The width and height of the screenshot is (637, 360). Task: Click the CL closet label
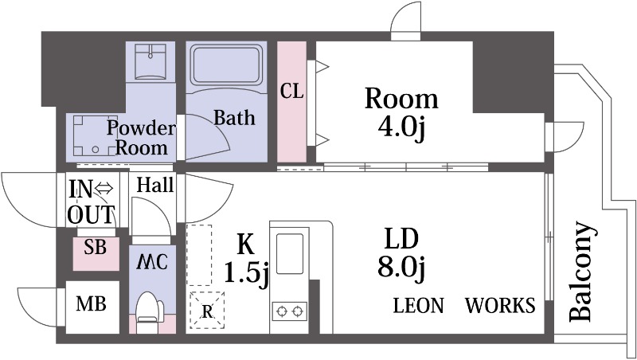click(x=291, y=92)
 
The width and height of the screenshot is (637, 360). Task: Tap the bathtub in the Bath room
click(x=226, y=65)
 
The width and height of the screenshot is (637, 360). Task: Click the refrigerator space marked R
click(x=207, y=310)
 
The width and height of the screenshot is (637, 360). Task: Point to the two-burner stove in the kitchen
click(x=289, y=311)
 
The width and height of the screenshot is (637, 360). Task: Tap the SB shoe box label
click(x=95, y=247)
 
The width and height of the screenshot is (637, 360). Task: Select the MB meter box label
click(x=91, y=303)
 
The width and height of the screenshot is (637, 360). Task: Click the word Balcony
click(x=582, y=272)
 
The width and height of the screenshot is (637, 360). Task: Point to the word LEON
click(x=419, y=305)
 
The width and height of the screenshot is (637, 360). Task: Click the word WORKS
click(x=500, y=305)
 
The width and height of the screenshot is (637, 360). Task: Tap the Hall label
click(x=154, y=185)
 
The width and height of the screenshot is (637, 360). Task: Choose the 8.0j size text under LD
click(x=401, y=267)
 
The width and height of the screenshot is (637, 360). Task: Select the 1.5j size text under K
click(x=246, y=272)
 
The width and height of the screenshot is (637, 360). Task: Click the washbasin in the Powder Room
click(x=150, y=61)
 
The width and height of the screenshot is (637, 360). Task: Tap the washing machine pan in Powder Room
click(x=96, y=135)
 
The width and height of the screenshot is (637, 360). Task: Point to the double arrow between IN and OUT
click(x=104, y=189)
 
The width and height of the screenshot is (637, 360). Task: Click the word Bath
click(x=234, y=118)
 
